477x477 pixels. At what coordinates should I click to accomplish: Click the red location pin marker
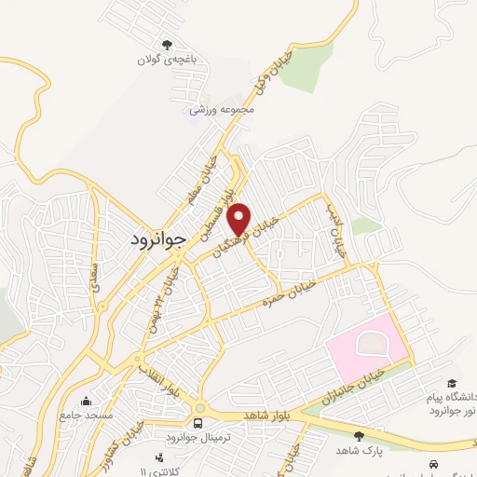click(239, 219)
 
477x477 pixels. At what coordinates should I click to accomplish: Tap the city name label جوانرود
click(155, 238)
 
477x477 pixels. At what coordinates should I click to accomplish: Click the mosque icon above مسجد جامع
click(87, 402)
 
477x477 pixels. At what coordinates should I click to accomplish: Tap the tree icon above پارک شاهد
click(360, 436)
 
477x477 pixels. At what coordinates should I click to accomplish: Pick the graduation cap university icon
click(452, 383)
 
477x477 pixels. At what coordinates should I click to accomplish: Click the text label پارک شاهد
click(359, 451)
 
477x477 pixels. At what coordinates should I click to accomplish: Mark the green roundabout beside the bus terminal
click(199, 407)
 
